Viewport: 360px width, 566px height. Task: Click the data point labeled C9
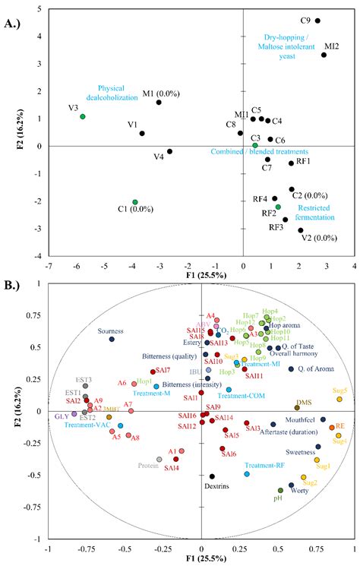point(317,21)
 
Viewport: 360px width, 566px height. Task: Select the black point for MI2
point(324,55)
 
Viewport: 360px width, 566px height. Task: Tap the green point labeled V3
point(82,116)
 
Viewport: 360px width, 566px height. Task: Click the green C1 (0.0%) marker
point(135,202)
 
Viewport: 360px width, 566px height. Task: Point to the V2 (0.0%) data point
point(301,230)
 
